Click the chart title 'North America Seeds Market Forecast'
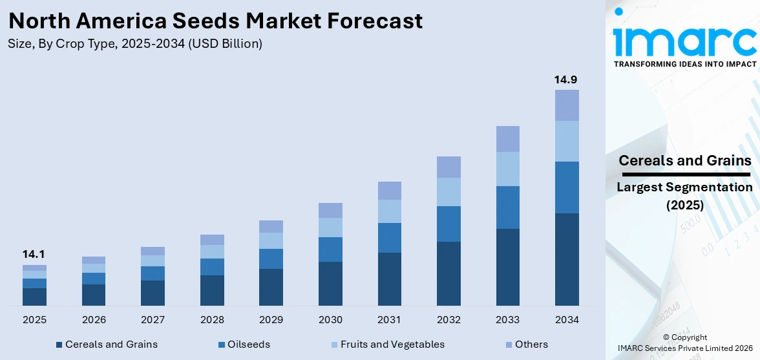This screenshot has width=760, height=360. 216,21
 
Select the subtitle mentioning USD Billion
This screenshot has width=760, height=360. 135,44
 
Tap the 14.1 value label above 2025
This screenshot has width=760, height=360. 34,254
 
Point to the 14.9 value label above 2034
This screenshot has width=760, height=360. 566,79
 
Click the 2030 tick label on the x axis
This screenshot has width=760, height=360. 330,320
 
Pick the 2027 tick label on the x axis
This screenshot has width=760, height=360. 153,320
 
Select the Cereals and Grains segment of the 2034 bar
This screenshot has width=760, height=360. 567,259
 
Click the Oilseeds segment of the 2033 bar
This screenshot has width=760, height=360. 507,207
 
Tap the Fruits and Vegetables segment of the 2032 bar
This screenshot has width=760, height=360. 449,192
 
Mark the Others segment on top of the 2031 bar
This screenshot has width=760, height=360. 390,191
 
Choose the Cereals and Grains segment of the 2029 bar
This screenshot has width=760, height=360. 271,287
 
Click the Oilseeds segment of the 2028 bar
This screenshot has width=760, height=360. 212,267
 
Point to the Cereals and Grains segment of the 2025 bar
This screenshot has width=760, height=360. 34,297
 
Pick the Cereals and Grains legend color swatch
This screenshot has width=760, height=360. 59,345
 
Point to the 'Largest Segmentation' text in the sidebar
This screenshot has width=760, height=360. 684,187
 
